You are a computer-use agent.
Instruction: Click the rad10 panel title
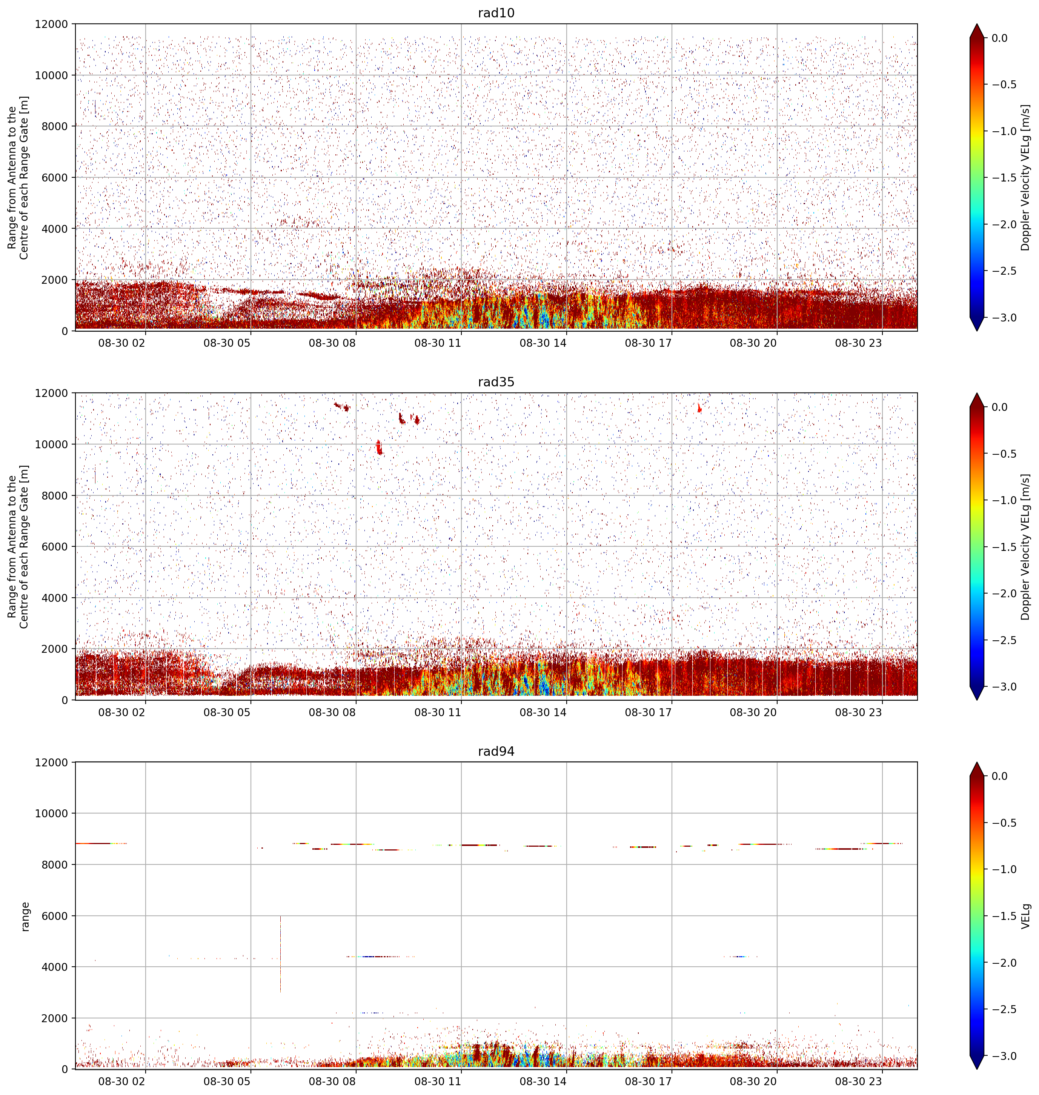(496, 13)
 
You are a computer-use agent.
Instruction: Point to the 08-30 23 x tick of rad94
(858, 1081)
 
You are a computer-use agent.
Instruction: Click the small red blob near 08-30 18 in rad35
(699, 408)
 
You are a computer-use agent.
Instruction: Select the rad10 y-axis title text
(18, 178)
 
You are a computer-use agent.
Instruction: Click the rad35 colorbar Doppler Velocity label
(1026, 547)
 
